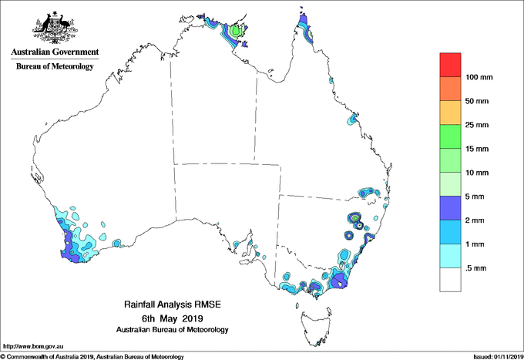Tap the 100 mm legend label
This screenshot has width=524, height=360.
479,77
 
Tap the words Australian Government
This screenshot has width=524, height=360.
55,52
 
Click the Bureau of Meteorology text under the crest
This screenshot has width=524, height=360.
55,66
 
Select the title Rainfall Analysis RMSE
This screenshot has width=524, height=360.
172,306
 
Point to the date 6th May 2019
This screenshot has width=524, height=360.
172,318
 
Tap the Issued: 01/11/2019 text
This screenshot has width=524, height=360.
497,356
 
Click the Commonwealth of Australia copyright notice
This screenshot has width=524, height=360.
92,356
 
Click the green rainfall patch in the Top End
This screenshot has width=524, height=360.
237,32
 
